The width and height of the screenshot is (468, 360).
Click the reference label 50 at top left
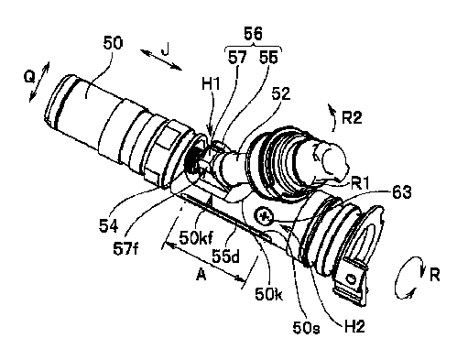[x=113, y=43]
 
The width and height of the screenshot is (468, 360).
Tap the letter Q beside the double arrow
[x=29, y=78]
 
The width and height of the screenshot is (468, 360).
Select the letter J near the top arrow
[x=165, y=49]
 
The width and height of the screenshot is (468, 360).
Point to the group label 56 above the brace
[x=254, y=33]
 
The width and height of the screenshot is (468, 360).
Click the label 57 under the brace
[x=237, y=57]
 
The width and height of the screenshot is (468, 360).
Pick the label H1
[x=211, y=83]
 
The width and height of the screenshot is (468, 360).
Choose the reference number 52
[x=281, y=93]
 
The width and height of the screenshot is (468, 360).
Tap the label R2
[x=352, y=117]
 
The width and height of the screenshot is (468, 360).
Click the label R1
[x=360, y=184]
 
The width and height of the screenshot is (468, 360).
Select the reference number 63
[x=402, y=192]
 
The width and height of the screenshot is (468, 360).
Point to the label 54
[x=108, y=226]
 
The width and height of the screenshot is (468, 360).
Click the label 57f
[x=125, y=249]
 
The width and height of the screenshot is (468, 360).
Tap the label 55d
[x=226, y=256]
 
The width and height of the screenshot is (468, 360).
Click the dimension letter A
[x=201, y=276]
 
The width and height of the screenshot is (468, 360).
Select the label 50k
[x=268, y=294]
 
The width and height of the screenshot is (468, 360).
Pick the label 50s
[x=306, y=328]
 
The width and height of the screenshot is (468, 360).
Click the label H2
[x=354, y=327]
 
